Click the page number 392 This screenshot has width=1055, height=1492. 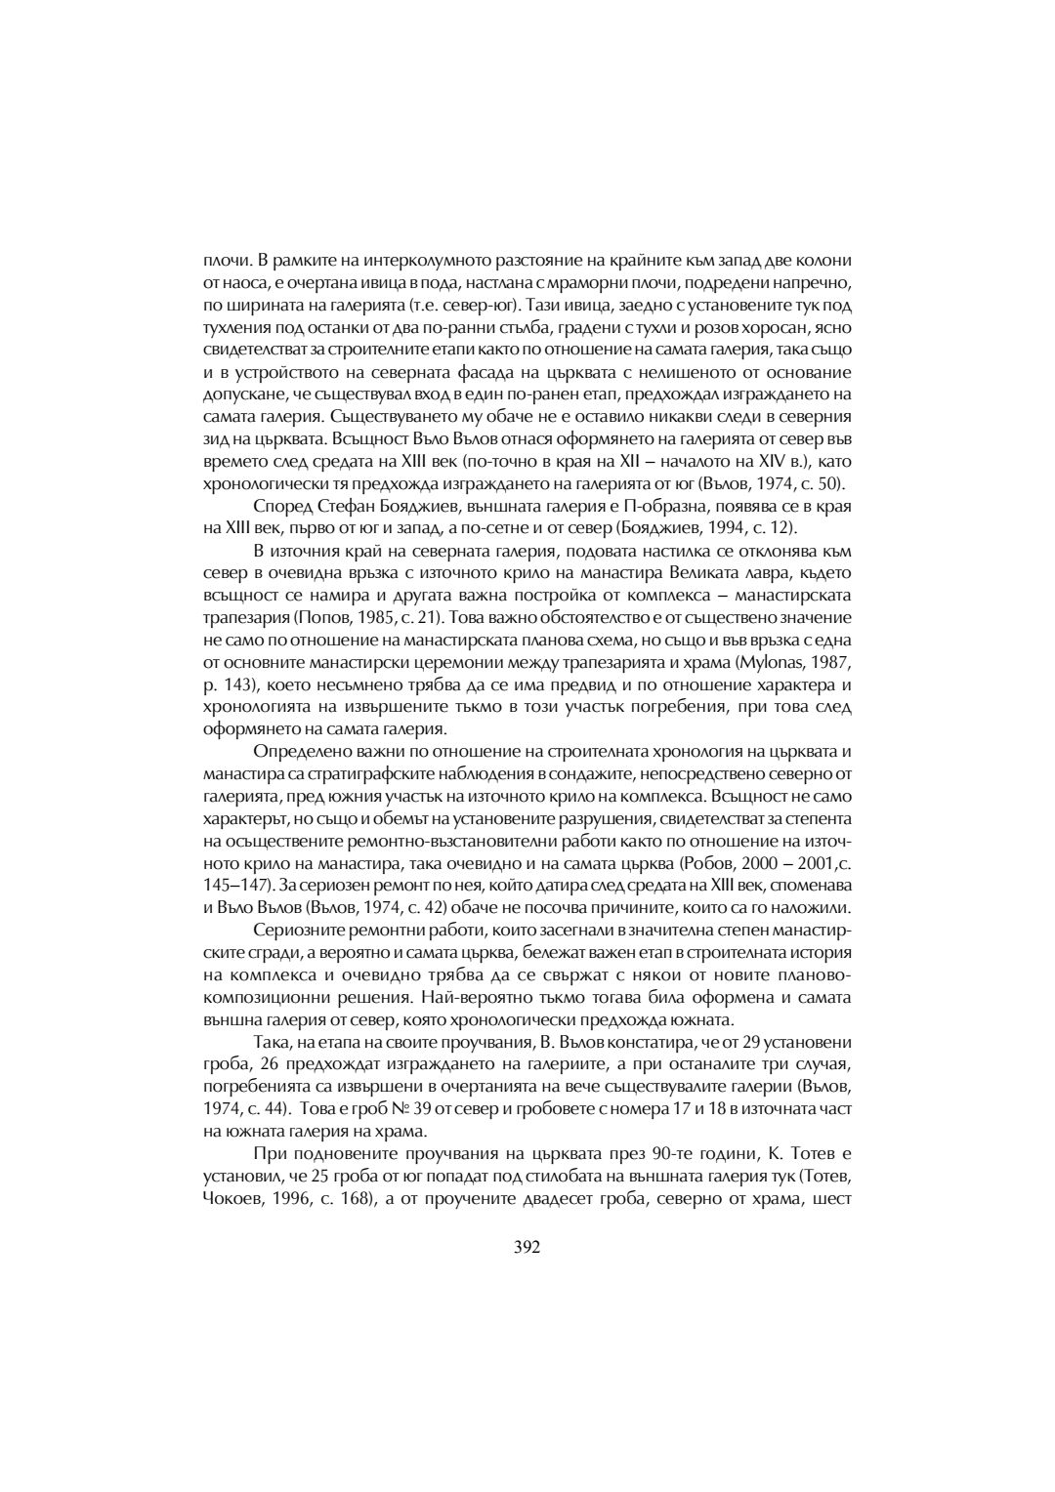pyautogui.click(x=527, y=1246)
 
